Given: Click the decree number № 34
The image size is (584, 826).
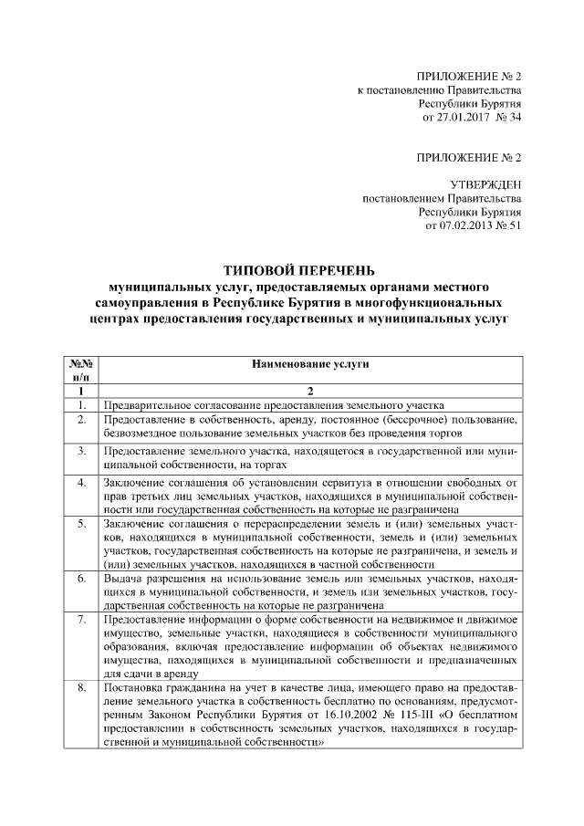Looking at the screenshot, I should [x=506, y=118].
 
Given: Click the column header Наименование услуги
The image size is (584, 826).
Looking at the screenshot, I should [x=309, y=363].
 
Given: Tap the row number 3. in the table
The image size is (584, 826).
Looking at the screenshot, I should [x=81, y=451].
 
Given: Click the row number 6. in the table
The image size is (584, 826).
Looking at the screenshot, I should [x=81, y=579].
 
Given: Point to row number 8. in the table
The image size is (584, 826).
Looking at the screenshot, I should [x=81, y=687].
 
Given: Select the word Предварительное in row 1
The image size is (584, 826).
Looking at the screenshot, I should [x=147, y=405].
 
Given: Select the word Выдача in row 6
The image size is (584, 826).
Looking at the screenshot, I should [x=122, y=579].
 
